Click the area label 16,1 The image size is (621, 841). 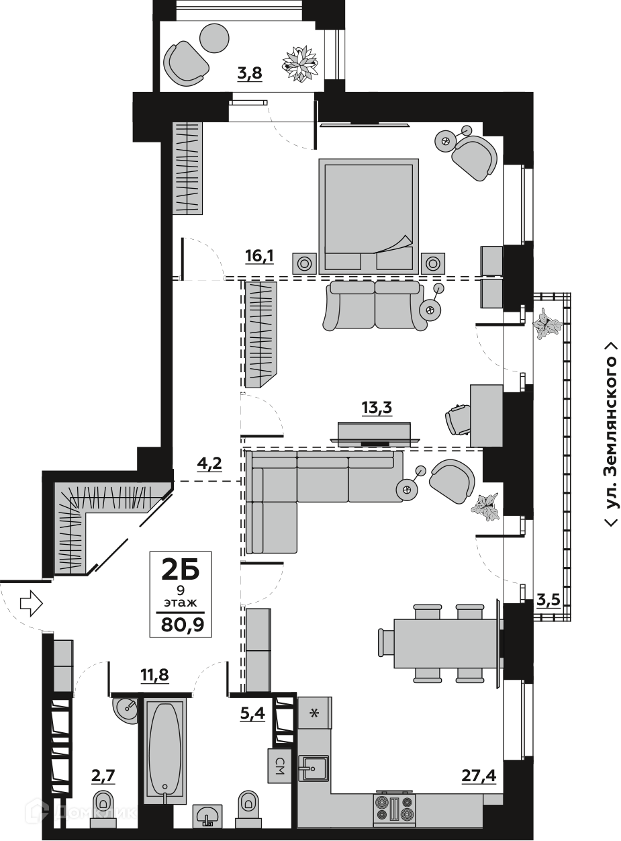tap(259, 257)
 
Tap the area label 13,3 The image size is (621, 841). tap(377, 408)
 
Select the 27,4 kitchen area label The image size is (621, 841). tap(479, 776)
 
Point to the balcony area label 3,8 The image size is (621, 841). tap(250, 73)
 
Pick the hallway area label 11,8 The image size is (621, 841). tap(154, 675)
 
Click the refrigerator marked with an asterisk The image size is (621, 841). tap(315, 713)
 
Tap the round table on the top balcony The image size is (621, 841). tap(215, 38)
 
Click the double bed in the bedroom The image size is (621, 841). tap(369, 216)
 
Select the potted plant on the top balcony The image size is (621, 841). tap(300, 63)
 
